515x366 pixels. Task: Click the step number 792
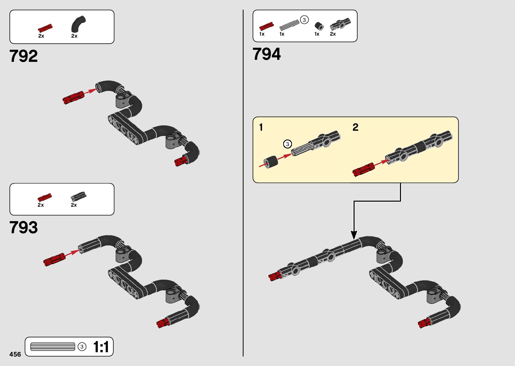point(24,56)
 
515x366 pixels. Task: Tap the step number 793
point(24,228)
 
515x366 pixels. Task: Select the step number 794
point(266,54)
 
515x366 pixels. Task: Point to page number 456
point(15,354)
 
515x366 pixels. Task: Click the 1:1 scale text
point(101,347)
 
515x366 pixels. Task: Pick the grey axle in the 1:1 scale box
point(53,347)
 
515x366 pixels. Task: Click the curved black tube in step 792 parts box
point(78,24)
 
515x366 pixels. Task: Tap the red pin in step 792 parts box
point(45,28)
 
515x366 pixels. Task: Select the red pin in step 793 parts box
point(45,197)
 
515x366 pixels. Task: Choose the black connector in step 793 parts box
point(78,196)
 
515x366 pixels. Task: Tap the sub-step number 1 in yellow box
point(261,128)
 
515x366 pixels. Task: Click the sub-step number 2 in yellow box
point(356,127)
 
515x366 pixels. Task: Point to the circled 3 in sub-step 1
point(287,144)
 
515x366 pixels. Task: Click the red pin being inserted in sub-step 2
point(364,169)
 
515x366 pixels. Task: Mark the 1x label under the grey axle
point(282,34)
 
